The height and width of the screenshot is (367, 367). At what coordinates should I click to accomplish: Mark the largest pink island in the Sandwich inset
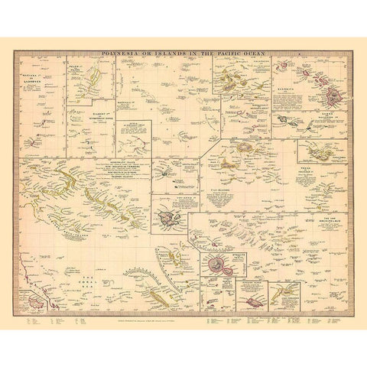coord(334,98)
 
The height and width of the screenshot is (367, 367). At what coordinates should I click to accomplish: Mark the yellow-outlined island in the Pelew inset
coord(96,76)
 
